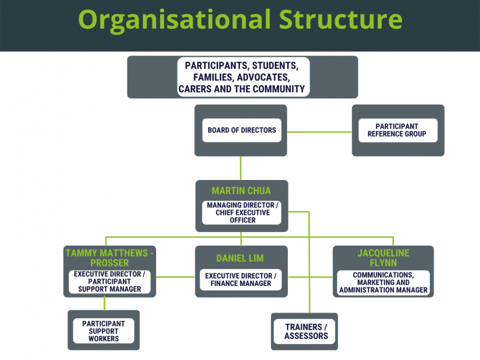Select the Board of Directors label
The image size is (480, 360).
coord(241,130)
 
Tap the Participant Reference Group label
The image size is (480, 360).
coord(396,130)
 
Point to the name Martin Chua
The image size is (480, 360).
coord(241,191)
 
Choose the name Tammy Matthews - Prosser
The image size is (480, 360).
coord(110,258)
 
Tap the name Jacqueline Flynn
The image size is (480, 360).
coord(383,258)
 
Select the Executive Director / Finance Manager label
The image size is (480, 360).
coord(241,280)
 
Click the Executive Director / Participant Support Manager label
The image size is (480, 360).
coord(110,282)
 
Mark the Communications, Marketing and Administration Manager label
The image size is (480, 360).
coord(383,282)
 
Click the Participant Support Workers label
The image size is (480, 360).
coord(104,331)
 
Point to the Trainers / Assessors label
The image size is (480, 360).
coord(306,331)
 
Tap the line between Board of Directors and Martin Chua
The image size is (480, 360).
coord(241,168)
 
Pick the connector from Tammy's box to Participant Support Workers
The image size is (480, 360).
coord(104,303)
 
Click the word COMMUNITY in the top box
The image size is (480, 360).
coord(279,89)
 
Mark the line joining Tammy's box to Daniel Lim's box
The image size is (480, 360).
coord(175,277)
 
